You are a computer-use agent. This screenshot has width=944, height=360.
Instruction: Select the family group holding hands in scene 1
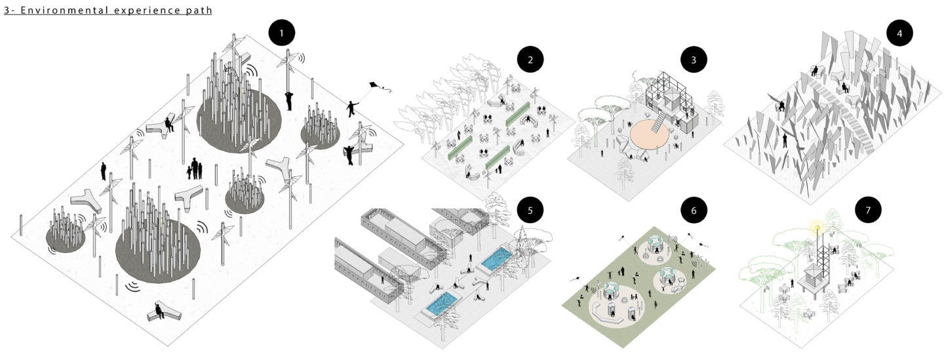(195, 169)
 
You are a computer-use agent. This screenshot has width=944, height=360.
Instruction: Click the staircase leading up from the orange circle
(659, 121)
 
